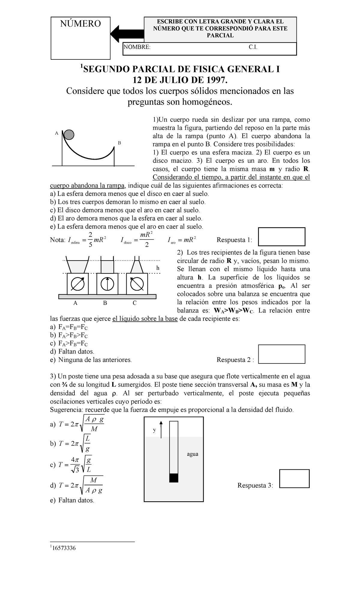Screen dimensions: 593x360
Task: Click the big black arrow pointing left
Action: coord(126,34)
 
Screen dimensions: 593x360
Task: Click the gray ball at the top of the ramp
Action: coord(69,135)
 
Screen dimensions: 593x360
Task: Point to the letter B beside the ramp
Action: coord(119,143)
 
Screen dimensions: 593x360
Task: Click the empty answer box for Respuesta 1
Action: coord(282,237)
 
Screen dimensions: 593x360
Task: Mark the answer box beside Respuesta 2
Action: coord(282,354)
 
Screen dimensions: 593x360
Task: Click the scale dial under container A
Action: coord(77,284)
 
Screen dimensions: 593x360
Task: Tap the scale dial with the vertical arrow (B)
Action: coord(107,284)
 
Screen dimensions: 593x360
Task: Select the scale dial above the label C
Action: coord(137,284)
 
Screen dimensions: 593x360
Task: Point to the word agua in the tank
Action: coord(192,454)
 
